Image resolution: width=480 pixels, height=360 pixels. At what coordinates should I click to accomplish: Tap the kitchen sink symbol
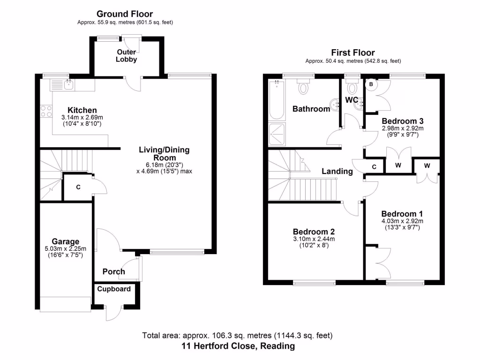tap(63, 85)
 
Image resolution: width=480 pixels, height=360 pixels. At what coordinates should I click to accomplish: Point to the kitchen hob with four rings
tap(46, 111)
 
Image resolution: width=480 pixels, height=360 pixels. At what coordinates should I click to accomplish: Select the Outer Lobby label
tap(127, 55)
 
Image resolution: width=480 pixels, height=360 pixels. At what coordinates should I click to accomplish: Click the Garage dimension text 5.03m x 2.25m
tap(65, 248)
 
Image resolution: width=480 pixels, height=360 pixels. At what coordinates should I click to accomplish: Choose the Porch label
tap(113, 271)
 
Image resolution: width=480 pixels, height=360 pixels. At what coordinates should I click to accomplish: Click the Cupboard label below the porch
tap(114, 289)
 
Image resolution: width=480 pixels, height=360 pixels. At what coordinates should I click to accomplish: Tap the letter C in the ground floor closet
tap(78, 187)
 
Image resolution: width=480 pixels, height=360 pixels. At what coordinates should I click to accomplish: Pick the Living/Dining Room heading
tap(164, 154)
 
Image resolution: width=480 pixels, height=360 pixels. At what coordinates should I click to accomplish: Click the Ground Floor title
tap(124, 14)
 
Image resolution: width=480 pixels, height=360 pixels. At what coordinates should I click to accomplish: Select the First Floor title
tap(353, 52)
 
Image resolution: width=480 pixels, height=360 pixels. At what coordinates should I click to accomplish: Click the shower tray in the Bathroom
tap(276, 134)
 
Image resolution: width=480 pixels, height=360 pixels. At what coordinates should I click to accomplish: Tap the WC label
tap(352, 100)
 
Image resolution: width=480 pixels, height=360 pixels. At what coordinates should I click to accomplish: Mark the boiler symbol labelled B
tap(371, 84)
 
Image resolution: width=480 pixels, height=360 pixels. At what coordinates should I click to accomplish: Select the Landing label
tap(337, 172)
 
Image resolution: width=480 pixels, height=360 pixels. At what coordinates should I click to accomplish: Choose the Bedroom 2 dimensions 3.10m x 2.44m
tap(314, 239)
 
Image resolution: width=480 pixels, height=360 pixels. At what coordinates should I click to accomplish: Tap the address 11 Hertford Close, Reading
tap(238, 346)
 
